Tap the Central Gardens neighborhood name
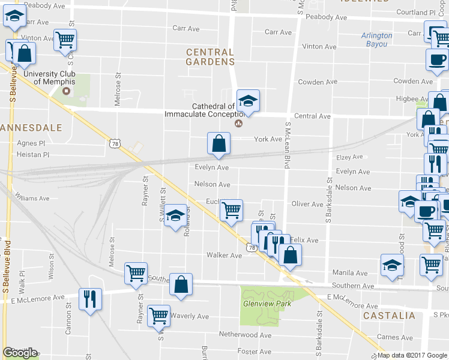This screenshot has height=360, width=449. click(209, 57)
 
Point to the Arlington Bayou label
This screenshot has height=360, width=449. click(377, 40)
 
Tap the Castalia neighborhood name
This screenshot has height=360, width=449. click(389, 315)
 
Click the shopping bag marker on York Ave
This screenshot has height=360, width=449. click(219, 143)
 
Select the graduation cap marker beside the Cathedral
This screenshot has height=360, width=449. click(247, 101)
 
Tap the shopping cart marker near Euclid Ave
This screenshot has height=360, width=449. click(231, 210)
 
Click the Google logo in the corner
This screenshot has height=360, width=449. click(20, 353)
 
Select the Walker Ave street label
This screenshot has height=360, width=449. click(224, 255)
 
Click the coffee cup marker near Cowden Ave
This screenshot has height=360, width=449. click(437, 59)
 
